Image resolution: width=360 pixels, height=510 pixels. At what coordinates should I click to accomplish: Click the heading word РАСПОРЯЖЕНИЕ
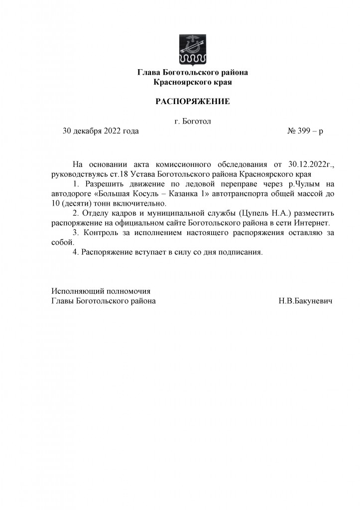pos(193,102)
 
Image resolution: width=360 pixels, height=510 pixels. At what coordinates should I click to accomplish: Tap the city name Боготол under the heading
pos(197,121)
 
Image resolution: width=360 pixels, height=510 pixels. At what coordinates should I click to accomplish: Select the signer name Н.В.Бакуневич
pos(306,301)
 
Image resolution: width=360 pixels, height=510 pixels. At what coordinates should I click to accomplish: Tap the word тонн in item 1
pos(112,204)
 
